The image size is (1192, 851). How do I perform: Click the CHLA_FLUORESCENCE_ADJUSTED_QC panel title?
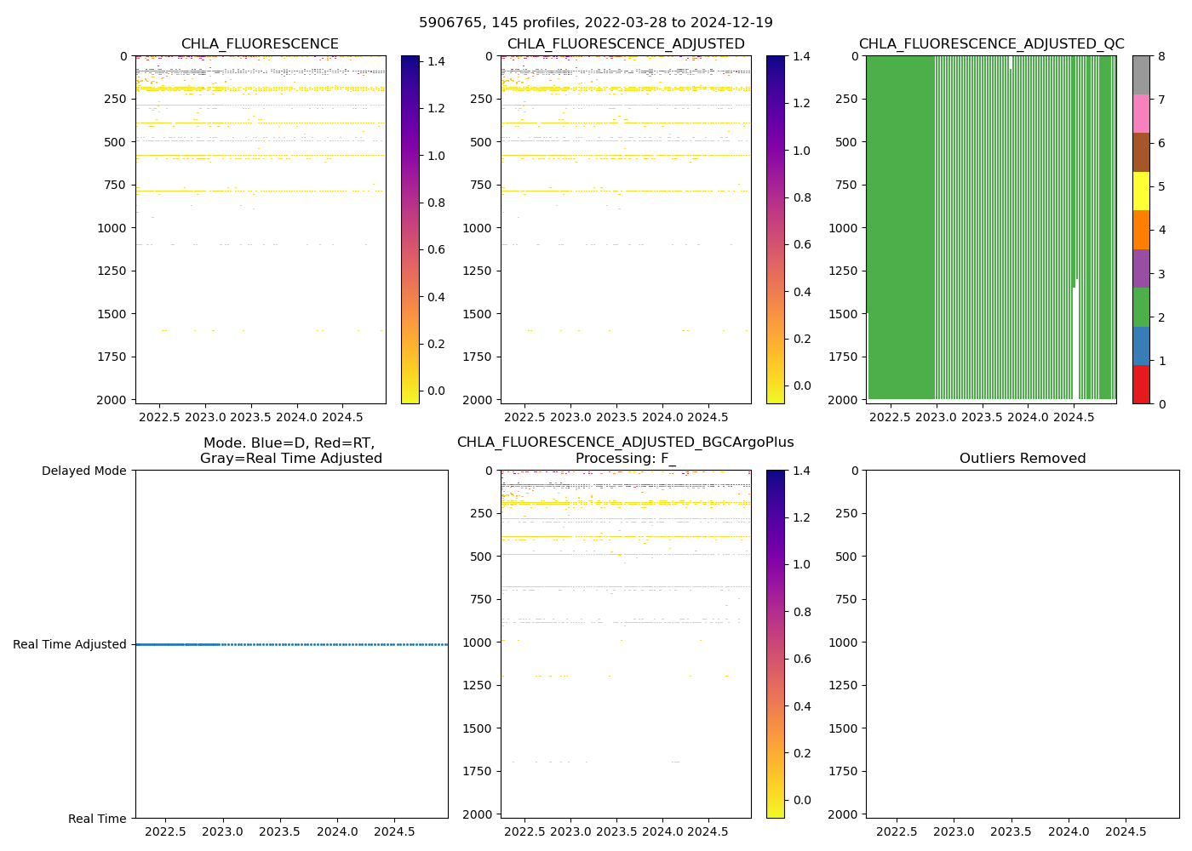coord(991,44)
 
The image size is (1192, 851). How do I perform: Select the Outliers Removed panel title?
coord(1023,459)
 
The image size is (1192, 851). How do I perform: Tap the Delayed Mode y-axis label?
coord(83,471)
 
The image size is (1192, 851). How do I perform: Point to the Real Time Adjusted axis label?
coord(70,644)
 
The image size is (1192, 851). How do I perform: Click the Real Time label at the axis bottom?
coord(97,819)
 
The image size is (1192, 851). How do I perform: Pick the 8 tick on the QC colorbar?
coord(1162,56)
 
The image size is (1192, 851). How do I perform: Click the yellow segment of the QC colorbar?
coord(1141,191)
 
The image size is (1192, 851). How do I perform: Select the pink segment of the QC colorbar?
coord(1141,113)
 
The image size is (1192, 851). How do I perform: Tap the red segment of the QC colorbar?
coord(1141,385)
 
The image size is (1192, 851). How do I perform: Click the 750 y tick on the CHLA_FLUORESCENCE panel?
coord(116,185)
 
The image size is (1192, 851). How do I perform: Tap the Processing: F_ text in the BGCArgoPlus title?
coord(625,459)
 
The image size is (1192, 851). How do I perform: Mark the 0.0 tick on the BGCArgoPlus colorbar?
coord(802,800)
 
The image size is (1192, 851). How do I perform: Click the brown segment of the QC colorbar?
coord(1141,152)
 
